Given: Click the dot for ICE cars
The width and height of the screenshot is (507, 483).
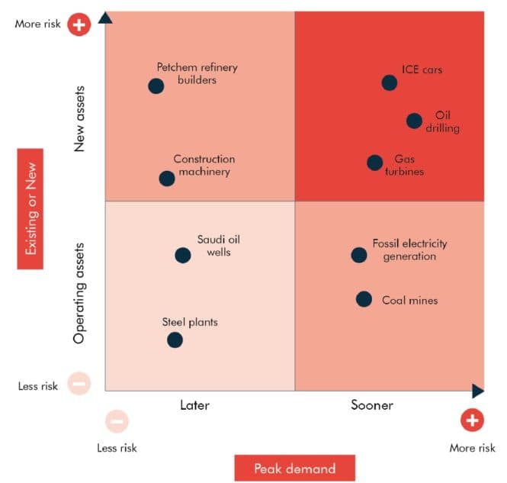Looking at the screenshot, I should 390,82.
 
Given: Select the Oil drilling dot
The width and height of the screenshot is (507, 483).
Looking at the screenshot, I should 414,121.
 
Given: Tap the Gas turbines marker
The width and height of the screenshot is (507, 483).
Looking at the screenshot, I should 374,163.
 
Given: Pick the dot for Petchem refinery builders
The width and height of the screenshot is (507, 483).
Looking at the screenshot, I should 156,86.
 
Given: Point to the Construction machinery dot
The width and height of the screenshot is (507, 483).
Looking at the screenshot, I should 167,179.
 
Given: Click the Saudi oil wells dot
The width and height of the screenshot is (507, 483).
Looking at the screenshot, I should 183,256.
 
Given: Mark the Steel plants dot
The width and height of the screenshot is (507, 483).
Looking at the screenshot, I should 175,340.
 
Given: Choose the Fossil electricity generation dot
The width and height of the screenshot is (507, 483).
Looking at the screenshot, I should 359,255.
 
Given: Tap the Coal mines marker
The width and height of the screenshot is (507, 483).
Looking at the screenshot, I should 364,299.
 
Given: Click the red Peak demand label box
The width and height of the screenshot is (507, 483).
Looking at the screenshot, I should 294,468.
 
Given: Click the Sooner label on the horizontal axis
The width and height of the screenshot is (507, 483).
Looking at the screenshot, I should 372,405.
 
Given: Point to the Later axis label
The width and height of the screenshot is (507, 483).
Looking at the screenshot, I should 194,405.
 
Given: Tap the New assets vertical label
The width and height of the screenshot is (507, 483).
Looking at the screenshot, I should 80,118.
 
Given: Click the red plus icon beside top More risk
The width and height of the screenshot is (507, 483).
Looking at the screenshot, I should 79,24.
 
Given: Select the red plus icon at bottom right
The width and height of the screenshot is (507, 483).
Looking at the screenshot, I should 472,420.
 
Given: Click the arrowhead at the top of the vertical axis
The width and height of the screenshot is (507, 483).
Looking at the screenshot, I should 106,17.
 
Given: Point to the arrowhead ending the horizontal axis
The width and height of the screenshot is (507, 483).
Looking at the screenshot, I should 478,391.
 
